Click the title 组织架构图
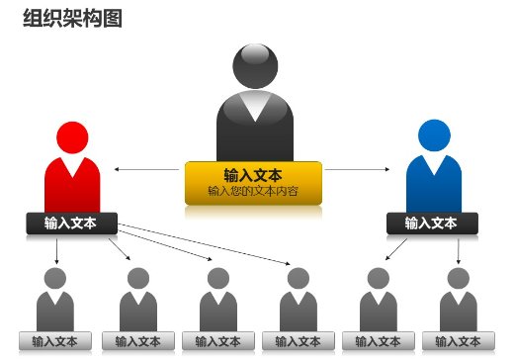tap(72, 19)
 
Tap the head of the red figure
tap(72, 137)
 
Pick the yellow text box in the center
tap(253, 182)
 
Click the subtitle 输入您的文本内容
tap(253, 191)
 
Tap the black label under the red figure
tap(71, 224)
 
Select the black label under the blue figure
tap(432, 224)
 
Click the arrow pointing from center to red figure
tap(148, 170)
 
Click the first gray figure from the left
tap(55, 301)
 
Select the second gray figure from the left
tap(137, 301)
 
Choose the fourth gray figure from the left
tap(298, 301)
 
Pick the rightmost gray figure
tap(456, 301)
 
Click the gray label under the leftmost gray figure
tap(55, 342)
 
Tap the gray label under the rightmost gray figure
tap(456, 342)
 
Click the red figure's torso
tap(72, 183)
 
